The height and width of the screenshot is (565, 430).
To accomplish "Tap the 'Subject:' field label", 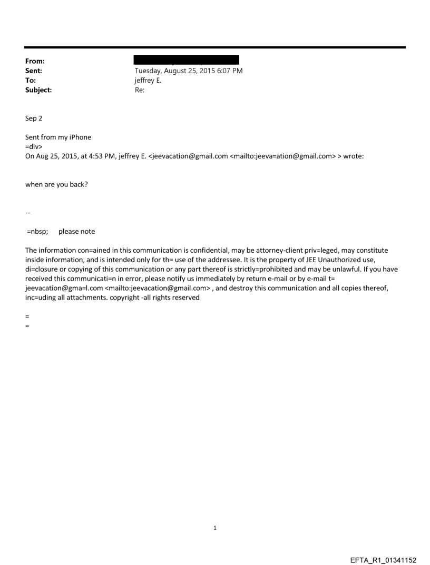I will pyautogui.click(x=38, y=90).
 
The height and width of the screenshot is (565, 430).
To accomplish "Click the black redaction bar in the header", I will pyautogui.click(x=187, y=60).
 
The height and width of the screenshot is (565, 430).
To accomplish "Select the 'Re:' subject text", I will pyautogui.click(x=140, y=90).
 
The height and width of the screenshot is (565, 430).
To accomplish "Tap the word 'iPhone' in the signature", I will pyautogui.click(x=80, y=137).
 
